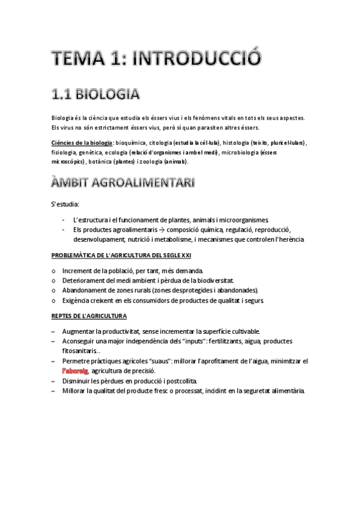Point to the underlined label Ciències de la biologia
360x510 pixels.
[82, 143]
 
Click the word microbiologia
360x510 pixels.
[247, 152]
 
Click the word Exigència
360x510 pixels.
[76, 300]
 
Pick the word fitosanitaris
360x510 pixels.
[79, 351]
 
